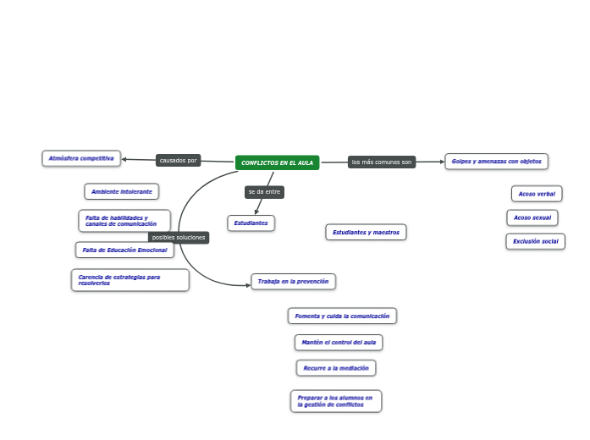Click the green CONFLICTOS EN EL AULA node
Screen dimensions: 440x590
tap(277, 162)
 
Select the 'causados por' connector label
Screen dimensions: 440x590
tap(178, 160)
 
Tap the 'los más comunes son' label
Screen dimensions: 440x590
tap(382, 162)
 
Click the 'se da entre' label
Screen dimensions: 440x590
tap(264, 192)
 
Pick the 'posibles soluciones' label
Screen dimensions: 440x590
tap(179, 238)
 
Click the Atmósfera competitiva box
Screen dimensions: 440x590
tap(81, 158)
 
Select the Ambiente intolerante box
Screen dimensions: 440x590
tap(122, 191)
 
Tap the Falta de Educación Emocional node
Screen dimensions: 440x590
tap(124, 250)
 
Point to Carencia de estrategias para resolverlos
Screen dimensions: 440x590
tap(130, 280)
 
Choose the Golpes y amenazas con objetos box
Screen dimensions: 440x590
tap(496, 161)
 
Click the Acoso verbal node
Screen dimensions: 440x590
tap(537, 194)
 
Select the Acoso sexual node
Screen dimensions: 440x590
tap(532, 217)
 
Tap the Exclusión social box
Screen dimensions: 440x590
tap(535, 241)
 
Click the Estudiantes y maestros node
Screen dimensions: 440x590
tap(366, 232)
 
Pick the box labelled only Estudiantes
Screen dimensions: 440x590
tap(251, 223)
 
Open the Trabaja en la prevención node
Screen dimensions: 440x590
tap(293, 281)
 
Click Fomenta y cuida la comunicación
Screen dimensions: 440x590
tap(342, 316)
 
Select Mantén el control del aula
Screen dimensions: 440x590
tap(339, 342)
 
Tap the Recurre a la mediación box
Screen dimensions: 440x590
tap(336, 368)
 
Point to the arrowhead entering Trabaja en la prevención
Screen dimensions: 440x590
tap(248, 285)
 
